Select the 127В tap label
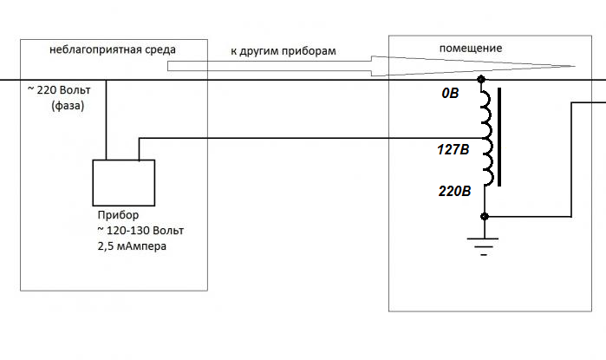(453, 149)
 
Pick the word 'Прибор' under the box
(115, 214)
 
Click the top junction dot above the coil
(485, 81)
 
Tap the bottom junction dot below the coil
(485, 216)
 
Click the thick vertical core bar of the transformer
(498, 143)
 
